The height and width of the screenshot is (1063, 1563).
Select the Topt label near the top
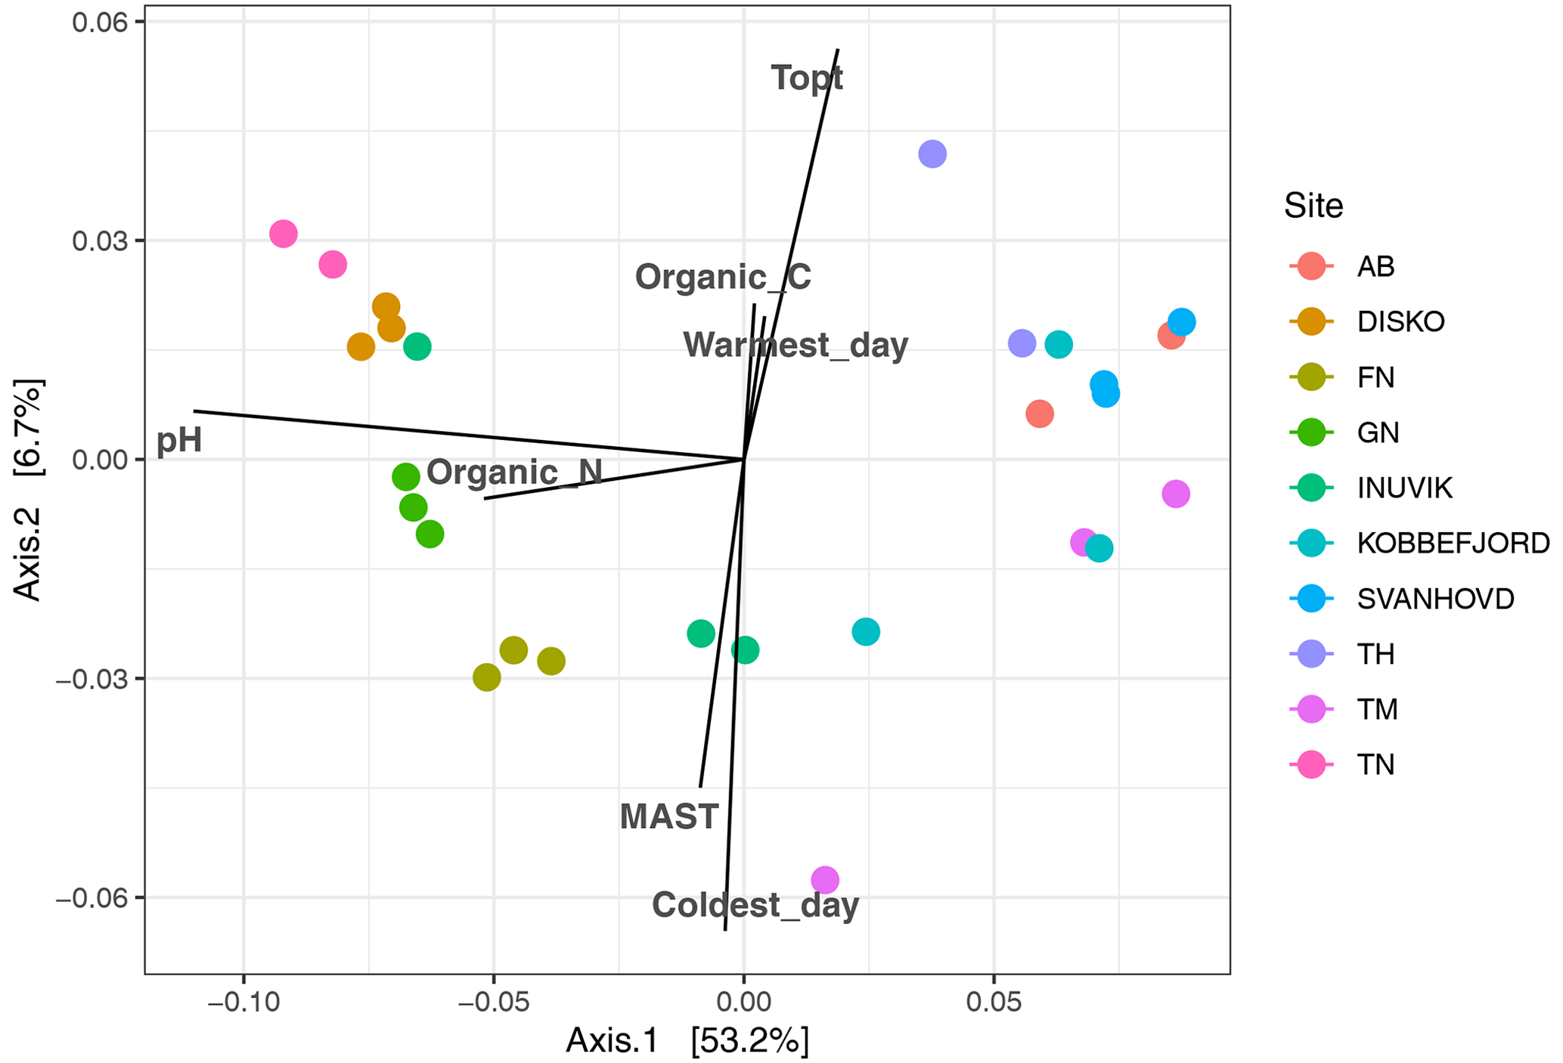(x=807, y=78)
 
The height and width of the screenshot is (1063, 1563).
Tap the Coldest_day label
(x=755, y=905)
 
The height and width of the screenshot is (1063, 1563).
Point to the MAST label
(x=668, y=817)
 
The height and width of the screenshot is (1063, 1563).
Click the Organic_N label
(x=514, y=473)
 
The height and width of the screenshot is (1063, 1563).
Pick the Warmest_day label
(x=795, y=345)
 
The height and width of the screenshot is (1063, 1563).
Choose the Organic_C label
(x=723, y=277)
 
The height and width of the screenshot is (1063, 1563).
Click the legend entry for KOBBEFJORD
(x=1453, y=543)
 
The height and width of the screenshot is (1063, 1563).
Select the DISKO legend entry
(x=1400, y=322)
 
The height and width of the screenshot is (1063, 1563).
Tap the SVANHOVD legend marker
(x=1311, y=599)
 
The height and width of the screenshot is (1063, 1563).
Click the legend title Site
(x=1313, y=206)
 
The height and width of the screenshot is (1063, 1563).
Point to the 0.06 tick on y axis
(x=98, y=22)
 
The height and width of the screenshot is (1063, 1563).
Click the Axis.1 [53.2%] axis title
(x=687, y=1041)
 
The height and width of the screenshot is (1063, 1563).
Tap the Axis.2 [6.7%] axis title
(x=29, y=489)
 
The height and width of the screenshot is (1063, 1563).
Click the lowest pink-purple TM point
(x=825, y=880)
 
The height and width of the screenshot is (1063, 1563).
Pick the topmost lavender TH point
(x=932, y=154)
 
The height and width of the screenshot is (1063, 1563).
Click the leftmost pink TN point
(x=284, y=234)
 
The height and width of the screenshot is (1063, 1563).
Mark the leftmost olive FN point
(x=487, y=677)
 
